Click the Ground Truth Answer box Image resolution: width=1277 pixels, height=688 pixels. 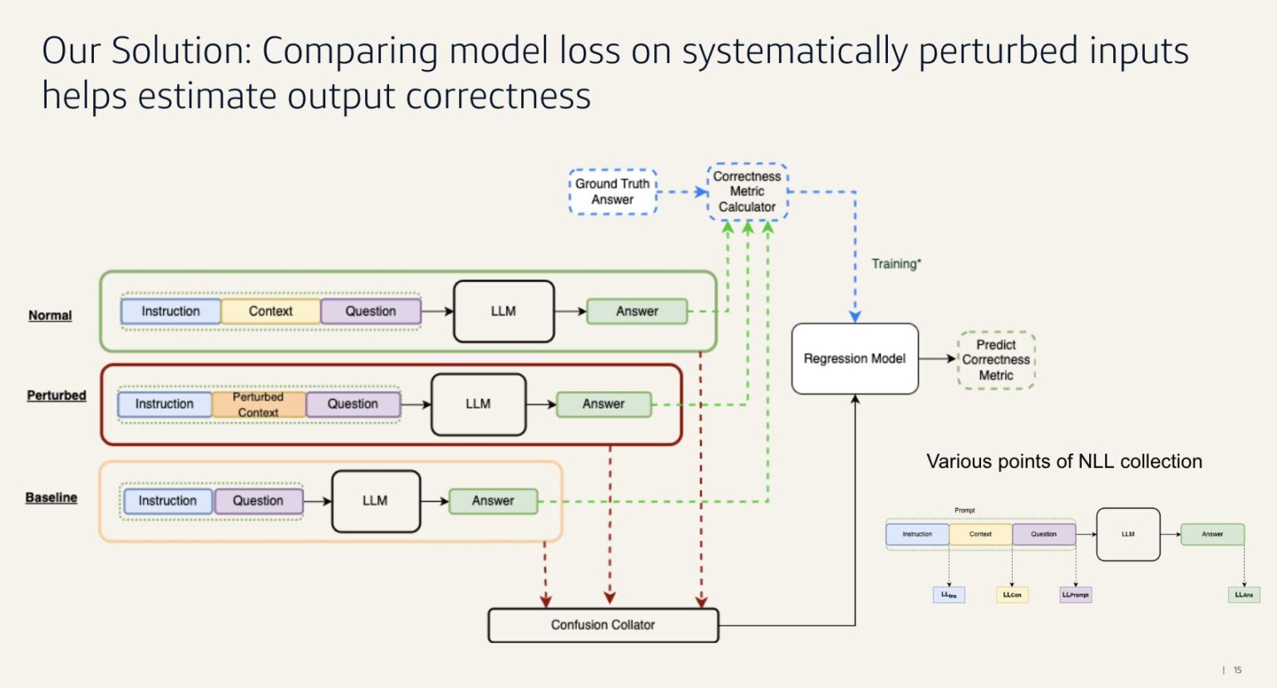(x=613, y=192)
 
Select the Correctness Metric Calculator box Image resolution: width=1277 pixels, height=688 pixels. (x=747, y=192)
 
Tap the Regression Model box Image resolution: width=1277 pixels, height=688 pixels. (x=855, y=359)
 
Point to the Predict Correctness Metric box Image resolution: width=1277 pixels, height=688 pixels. (x=996, y=360)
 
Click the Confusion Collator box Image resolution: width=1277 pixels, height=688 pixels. (x=603, y=625)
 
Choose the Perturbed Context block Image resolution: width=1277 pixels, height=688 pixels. (x=259, y=405)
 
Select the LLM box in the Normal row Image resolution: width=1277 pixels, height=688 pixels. (x=504, y=312)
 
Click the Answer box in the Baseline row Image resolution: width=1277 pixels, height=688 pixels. (x=493, y=501)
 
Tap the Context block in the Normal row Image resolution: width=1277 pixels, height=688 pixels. (x=271, y=312)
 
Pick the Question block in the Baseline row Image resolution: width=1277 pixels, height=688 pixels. (x=258, y=501)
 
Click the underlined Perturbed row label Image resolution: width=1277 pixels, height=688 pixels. (x=57, y=396)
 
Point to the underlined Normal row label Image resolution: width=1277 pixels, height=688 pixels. (x=50, y=316)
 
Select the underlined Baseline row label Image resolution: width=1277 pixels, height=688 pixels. (x=51, y=498)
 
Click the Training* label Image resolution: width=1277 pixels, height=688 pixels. (x=896, y=264)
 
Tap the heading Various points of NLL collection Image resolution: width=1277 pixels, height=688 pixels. (x=1064, y=462)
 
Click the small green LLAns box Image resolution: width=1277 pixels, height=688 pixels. (x=1244, y=595)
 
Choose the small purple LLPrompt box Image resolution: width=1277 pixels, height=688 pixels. (x=1075, y=595)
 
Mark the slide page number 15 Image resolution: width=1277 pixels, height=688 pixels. (x=1237, y=670)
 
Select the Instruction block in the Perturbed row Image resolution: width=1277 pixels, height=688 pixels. (x=165, y=405)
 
